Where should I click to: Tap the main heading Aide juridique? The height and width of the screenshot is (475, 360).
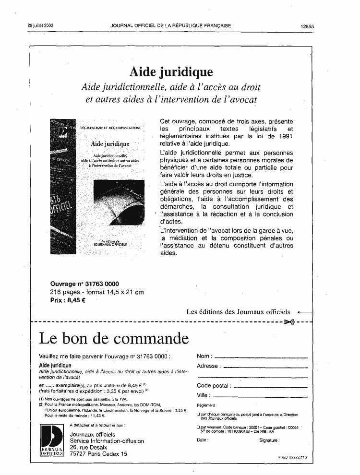point(171,72)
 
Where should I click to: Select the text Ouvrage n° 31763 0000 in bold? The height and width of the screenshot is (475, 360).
point(84,283)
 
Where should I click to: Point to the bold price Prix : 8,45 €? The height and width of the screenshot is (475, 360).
point(68,300)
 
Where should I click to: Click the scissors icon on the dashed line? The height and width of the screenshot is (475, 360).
point(288,321)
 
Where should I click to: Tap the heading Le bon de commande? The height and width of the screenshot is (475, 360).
point(113,339)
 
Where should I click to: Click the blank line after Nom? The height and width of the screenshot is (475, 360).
point(260,357)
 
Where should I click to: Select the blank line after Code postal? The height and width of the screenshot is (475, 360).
point(270,386)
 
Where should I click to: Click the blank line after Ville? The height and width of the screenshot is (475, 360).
point(260,396)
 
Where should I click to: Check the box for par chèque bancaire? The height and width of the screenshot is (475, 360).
point(198,414)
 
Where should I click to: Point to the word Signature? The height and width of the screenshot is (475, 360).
point(269,440)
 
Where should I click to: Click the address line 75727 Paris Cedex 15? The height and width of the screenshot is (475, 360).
point(98,453)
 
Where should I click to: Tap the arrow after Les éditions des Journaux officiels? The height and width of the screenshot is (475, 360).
point(305,312)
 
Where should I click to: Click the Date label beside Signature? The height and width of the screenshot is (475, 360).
point(203,440)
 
